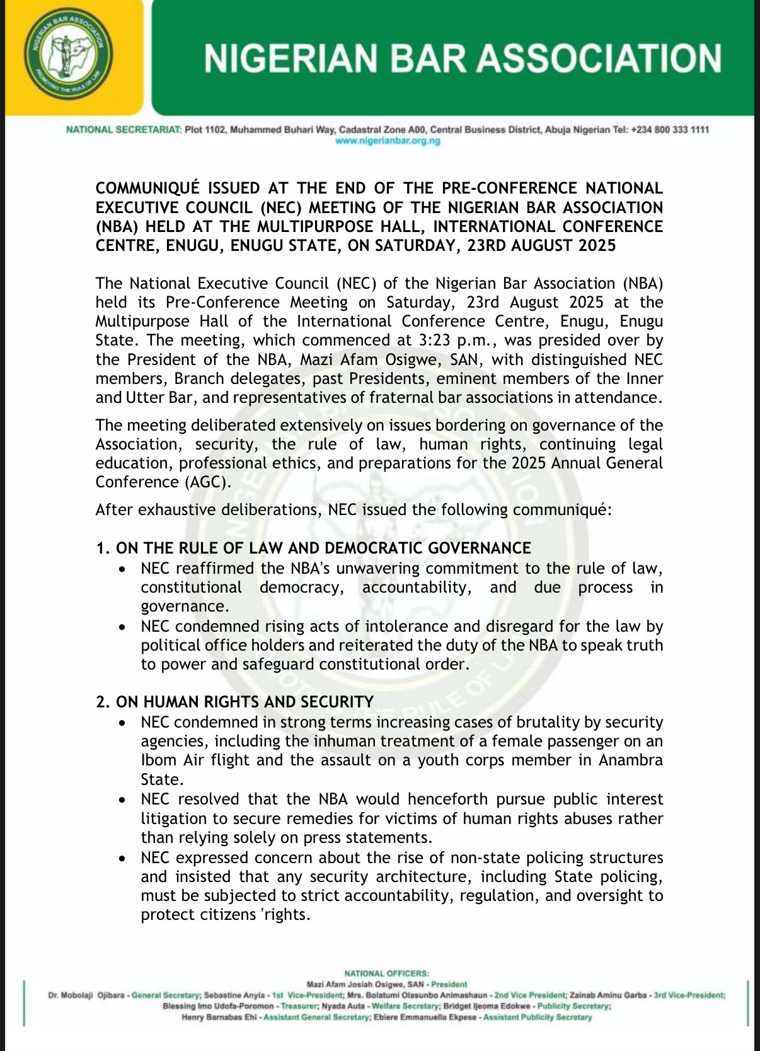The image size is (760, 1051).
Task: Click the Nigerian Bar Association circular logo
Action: tap(68, 56)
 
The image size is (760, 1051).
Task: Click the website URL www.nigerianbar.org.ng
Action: tap(388, 141)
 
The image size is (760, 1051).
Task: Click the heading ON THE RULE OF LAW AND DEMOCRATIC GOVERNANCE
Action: tap(323, 548)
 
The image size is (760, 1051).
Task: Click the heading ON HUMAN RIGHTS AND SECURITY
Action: tap(245, 702)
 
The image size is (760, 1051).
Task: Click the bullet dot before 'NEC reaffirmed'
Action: tap(122, 569)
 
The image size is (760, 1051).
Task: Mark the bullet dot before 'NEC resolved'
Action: tap(122, 800)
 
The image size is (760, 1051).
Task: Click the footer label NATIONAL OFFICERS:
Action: tap(386, 973)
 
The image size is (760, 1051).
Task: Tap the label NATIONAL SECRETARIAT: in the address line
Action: tap(124, 130)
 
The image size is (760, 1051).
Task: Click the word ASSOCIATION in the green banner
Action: tap(598, 58)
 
